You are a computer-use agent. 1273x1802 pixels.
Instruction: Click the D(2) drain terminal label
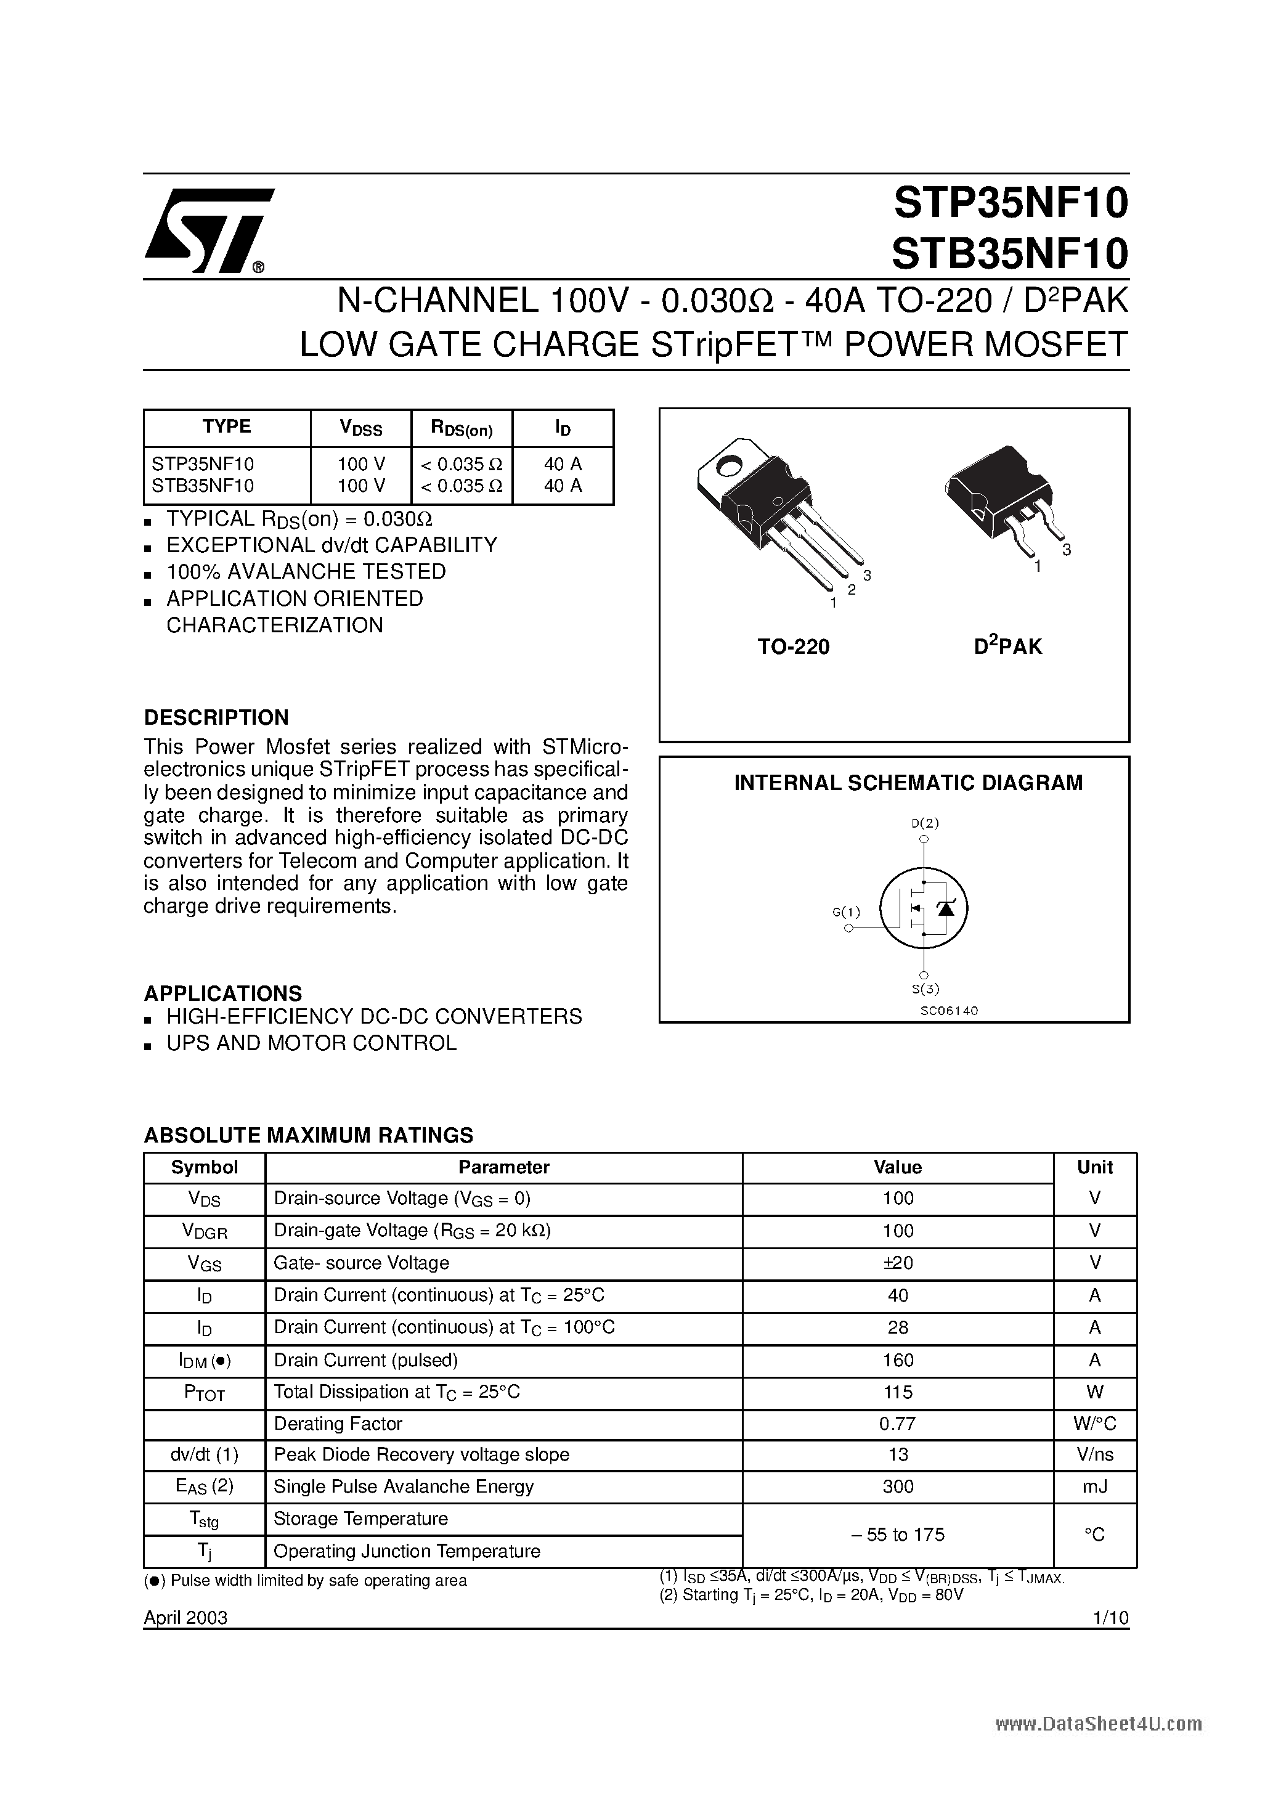tap(924, 823)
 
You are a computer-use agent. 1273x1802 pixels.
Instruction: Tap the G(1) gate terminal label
tap(846, 912)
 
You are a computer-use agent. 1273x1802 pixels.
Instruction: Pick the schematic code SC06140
tap(949, 1010)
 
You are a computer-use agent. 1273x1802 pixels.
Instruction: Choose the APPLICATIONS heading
tap(223, 993)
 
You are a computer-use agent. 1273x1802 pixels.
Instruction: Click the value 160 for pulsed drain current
tap(898, 1360)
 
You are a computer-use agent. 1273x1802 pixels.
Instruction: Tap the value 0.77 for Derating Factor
tap(898, 1424)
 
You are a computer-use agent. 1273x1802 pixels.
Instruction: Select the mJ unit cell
tap(1095, 1486)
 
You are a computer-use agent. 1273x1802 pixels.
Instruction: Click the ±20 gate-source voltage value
tap(898, 1263)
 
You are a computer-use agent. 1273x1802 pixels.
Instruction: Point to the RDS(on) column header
tap(462, 428)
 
